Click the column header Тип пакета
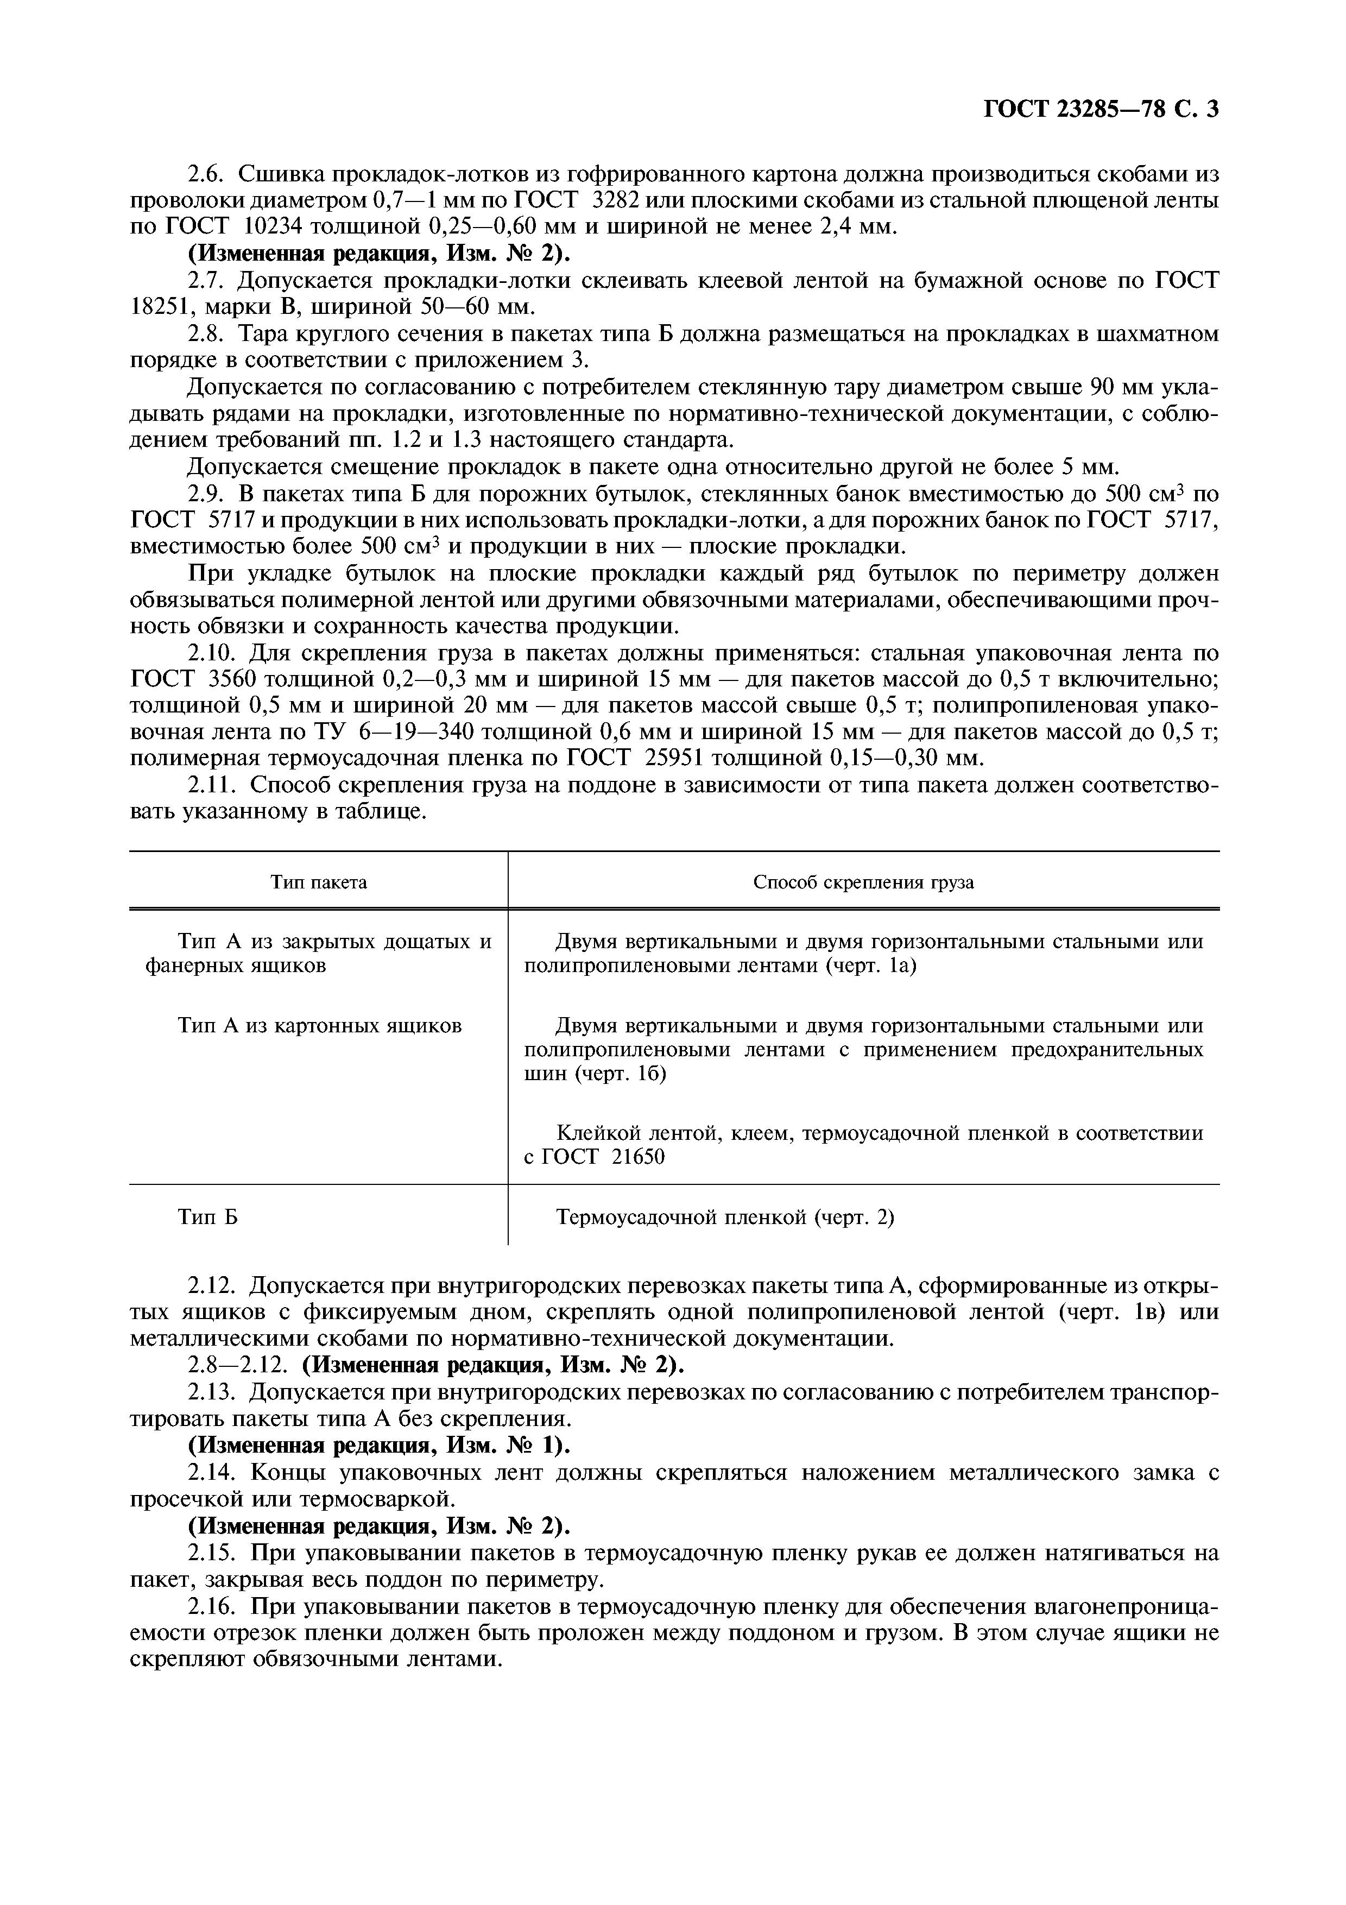(319, 882)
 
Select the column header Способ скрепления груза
(863, 882)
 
